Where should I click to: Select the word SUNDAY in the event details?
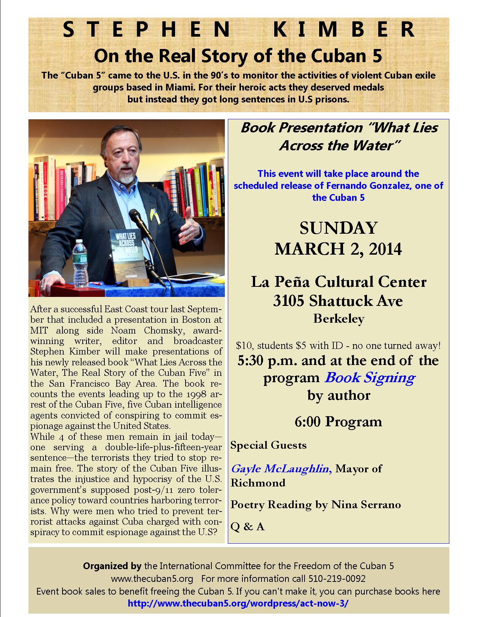339,228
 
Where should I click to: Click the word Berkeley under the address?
339,319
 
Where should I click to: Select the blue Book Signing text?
370,377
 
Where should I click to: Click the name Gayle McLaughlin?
280,469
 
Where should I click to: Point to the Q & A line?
248,527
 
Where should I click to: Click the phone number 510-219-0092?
337,578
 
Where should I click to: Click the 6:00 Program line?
338,421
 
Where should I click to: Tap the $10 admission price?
243,346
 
